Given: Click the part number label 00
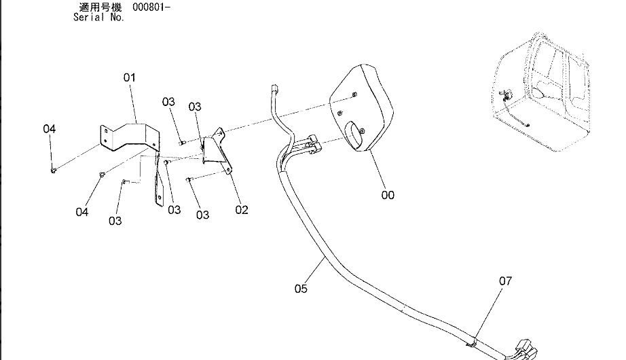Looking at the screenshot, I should [388, 196].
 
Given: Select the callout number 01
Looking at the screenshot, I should [129, 77].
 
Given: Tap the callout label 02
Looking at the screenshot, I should [242, 210].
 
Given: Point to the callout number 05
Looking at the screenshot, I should [301, 289].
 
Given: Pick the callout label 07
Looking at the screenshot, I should [505, 280].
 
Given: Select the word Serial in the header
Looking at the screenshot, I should [89, 18].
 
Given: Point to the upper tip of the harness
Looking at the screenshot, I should [274, 88].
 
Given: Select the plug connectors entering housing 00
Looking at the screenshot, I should [312, 143].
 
